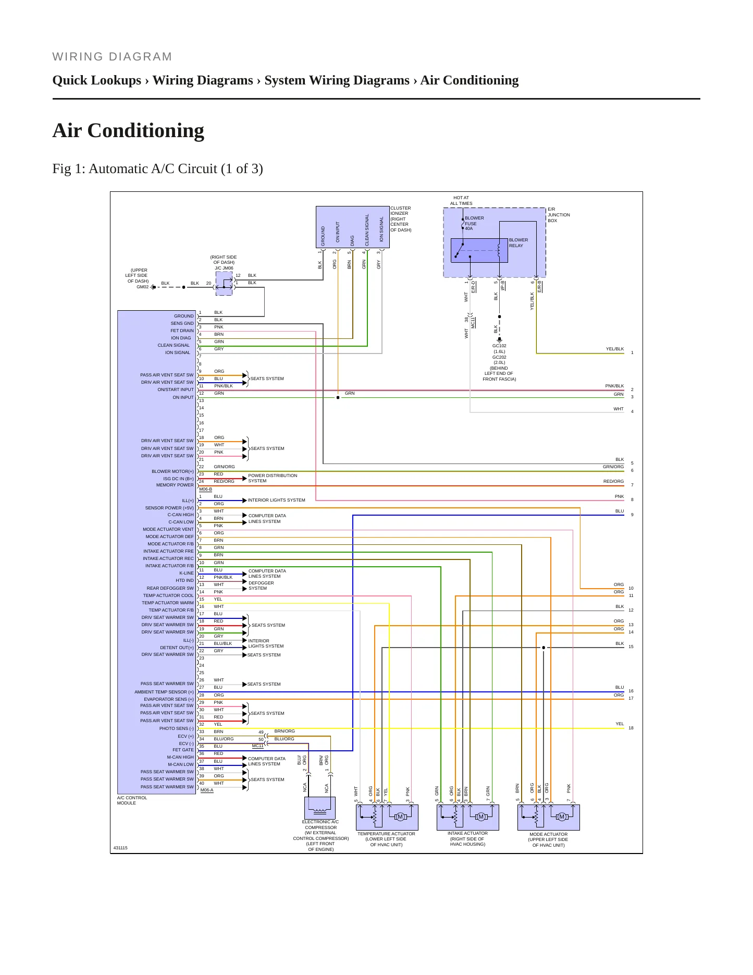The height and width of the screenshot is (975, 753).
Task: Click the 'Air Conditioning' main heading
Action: click(x=128, y=131)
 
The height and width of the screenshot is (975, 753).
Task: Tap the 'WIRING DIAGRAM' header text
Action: click(x=112, y=57)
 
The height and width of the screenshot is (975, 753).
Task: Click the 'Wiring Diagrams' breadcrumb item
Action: click(x=203, y=80)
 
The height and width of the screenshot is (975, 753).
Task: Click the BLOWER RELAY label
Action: click(x=519, y=243)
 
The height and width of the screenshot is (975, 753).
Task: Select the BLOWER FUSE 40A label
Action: click(x=474, y=223)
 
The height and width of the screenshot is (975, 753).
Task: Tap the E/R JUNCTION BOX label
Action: click(x=559, y=215)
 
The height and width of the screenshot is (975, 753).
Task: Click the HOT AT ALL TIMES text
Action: click(x=462, y=201)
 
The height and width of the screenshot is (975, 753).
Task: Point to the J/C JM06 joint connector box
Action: click(x=224, y=284)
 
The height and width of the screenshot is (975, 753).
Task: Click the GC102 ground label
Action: click(x=499, y=346)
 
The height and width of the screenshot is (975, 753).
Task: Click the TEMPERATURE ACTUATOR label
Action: click(x=386, y=834)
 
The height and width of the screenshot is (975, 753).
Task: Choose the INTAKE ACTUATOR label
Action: click(x=467, y=833)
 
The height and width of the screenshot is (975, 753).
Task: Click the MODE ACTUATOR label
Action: click(x=548, y=834)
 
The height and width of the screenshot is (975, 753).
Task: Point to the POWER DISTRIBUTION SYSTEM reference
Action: click(x=273, y=478)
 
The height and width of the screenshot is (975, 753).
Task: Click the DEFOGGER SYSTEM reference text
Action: click(x=261, y=586)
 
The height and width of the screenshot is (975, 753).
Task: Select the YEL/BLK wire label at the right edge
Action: click(x=615, y=349)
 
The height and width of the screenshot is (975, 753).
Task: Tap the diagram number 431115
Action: click(x=120, y=848)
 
